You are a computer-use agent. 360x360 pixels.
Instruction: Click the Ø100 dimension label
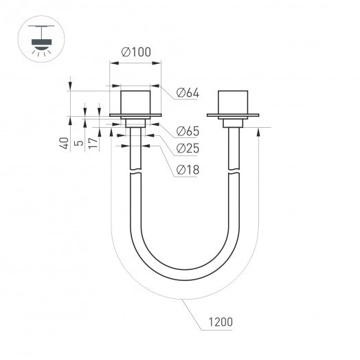136,52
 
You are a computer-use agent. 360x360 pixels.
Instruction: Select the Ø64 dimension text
187,93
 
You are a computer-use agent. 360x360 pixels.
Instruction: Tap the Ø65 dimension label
187,131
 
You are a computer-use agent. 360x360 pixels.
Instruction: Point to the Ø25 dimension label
187,148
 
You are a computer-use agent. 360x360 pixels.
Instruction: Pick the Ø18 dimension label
187,170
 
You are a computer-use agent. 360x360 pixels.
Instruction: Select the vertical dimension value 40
63,144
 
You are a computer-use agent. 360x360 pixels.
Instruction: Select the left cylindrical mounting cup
135,102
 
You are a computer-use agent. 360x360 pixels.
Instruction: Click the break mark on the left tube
136,172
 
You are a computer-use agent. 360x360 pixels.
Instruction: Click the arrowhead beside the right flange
257,131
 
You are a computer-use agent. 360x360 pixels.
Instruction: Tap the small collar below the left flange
135,122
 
